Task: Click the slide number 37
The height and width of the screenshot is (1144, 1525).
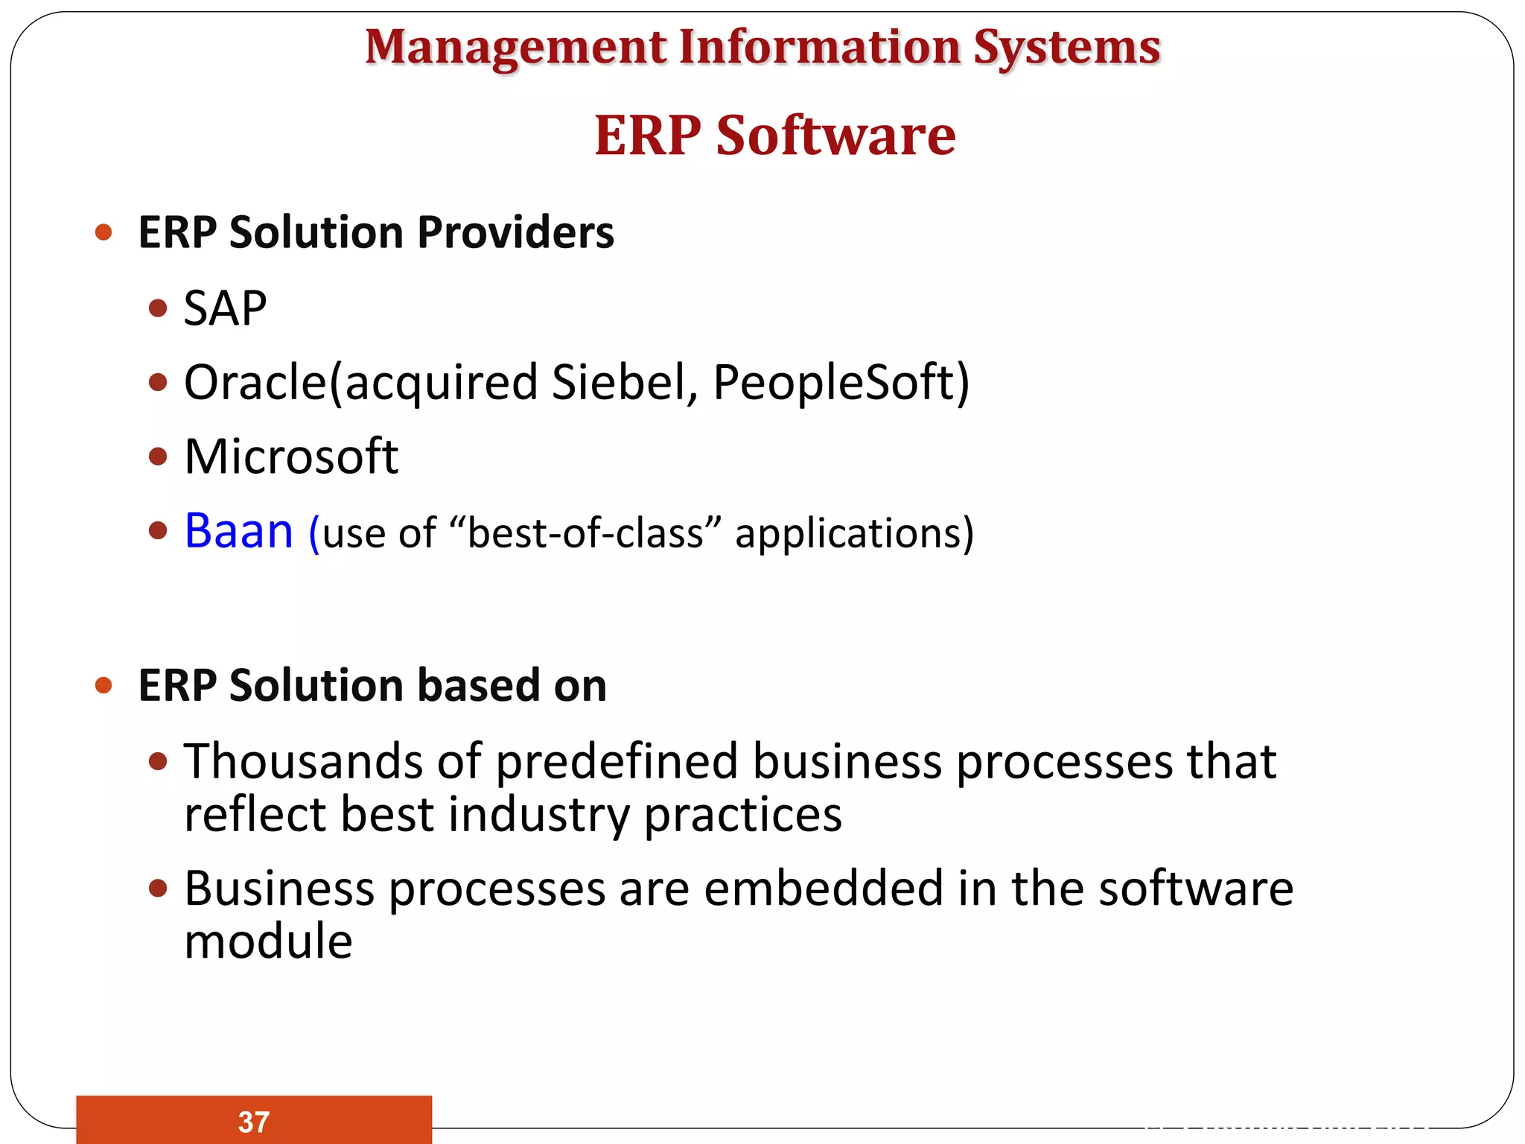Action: tap(254, 1122)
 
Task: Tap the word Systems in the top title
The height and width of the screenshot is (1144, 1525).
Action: tap(1066, 48)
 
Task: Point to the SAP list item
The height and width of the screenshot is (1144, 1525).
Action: tap(225, 308)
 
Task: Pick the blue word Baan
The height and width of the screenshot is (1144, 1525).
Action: tap(238, 531)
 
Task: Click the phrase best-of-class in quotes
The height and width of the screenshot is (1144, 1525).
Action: tap(585, 533)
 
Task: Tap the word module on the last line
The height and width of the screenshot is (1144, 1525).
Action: tap(268, 941)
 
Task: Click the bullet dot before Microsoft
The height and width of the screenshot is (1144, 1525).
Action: tap(158, 456)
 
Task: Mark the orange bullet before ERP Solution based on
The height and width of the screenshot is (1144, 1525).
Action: tap(104, 685)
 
